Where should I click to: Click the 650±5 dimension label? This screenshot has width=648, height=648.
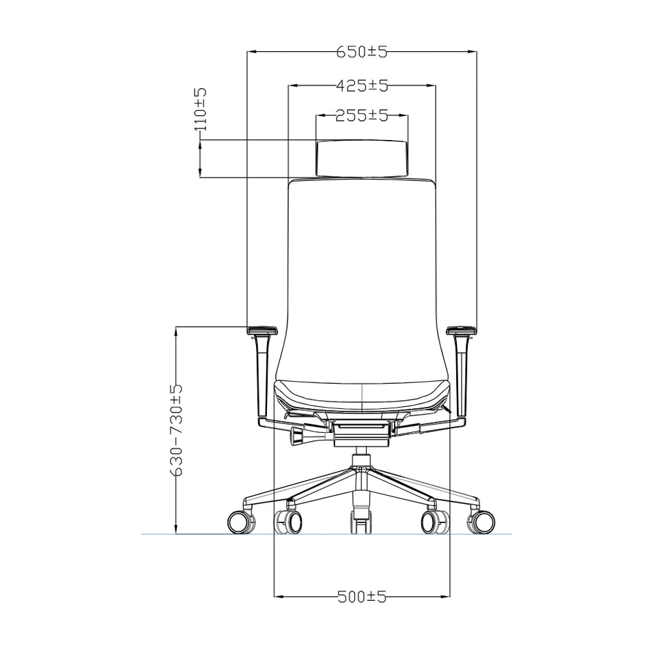pyautogui.click(x=362, y=52)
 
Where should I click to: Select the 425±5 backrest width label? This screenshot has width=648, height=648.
pyautogui.click(x=362, y=86)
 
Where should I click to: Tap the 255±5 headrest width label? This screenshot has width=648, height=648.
pyautogui.click(x=362, y=115)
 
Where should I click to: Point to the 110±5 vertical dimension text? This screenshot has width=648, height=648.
pyautogui.click(x=200, y=109)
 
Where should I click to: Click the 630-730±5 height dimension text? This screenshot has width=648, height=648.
pyautogui.click(x=176, y=429)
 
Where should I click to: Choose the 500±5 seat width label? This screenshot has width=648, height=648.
pyautogui.click(x=362, y=597)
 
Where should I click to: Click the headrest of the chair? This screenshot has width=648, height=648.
pyautogui.click(x=362, y=158)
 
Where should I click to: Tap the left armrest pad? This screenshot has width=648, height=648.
pyautogui.click(x=262, y=330)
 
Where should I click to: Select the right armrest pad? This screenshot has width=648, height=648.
pyautogui.click(x=461, y=330)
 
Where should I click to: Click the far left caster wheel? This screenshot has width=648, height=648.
pyautogui.click(x=240, y=522)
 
